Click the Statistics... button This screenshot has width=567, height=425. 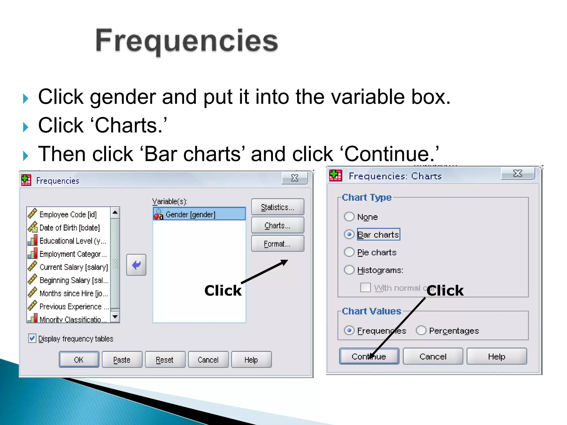277,207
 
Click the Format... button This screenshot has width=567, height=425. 277,244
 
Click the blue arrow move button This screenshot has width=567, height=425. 136,265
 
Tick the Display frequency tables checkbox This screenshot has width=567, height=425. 32,338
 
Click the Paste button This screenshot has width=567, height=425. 122,360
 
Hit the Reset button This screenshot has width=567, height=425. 165,360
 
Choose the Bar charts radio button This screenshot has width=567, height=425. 349,234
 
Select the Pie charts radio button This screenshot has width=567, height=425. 349,252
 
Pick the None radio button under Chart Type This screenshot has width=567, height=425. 349,217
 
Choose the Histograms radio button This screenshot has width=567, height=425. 349,270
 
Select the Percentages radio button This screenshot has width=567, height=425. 421,330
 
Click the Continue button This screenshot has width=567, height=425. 369,356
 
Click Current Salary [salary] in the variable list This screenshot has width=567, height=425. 73,267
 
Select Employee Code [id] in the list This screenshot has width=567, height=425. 68,215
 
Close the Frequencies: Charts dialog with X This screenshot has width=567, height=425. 517,174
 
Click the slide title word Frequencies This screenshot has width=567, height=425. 187,41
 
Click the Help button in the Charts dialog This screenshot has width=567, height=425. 497,356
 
